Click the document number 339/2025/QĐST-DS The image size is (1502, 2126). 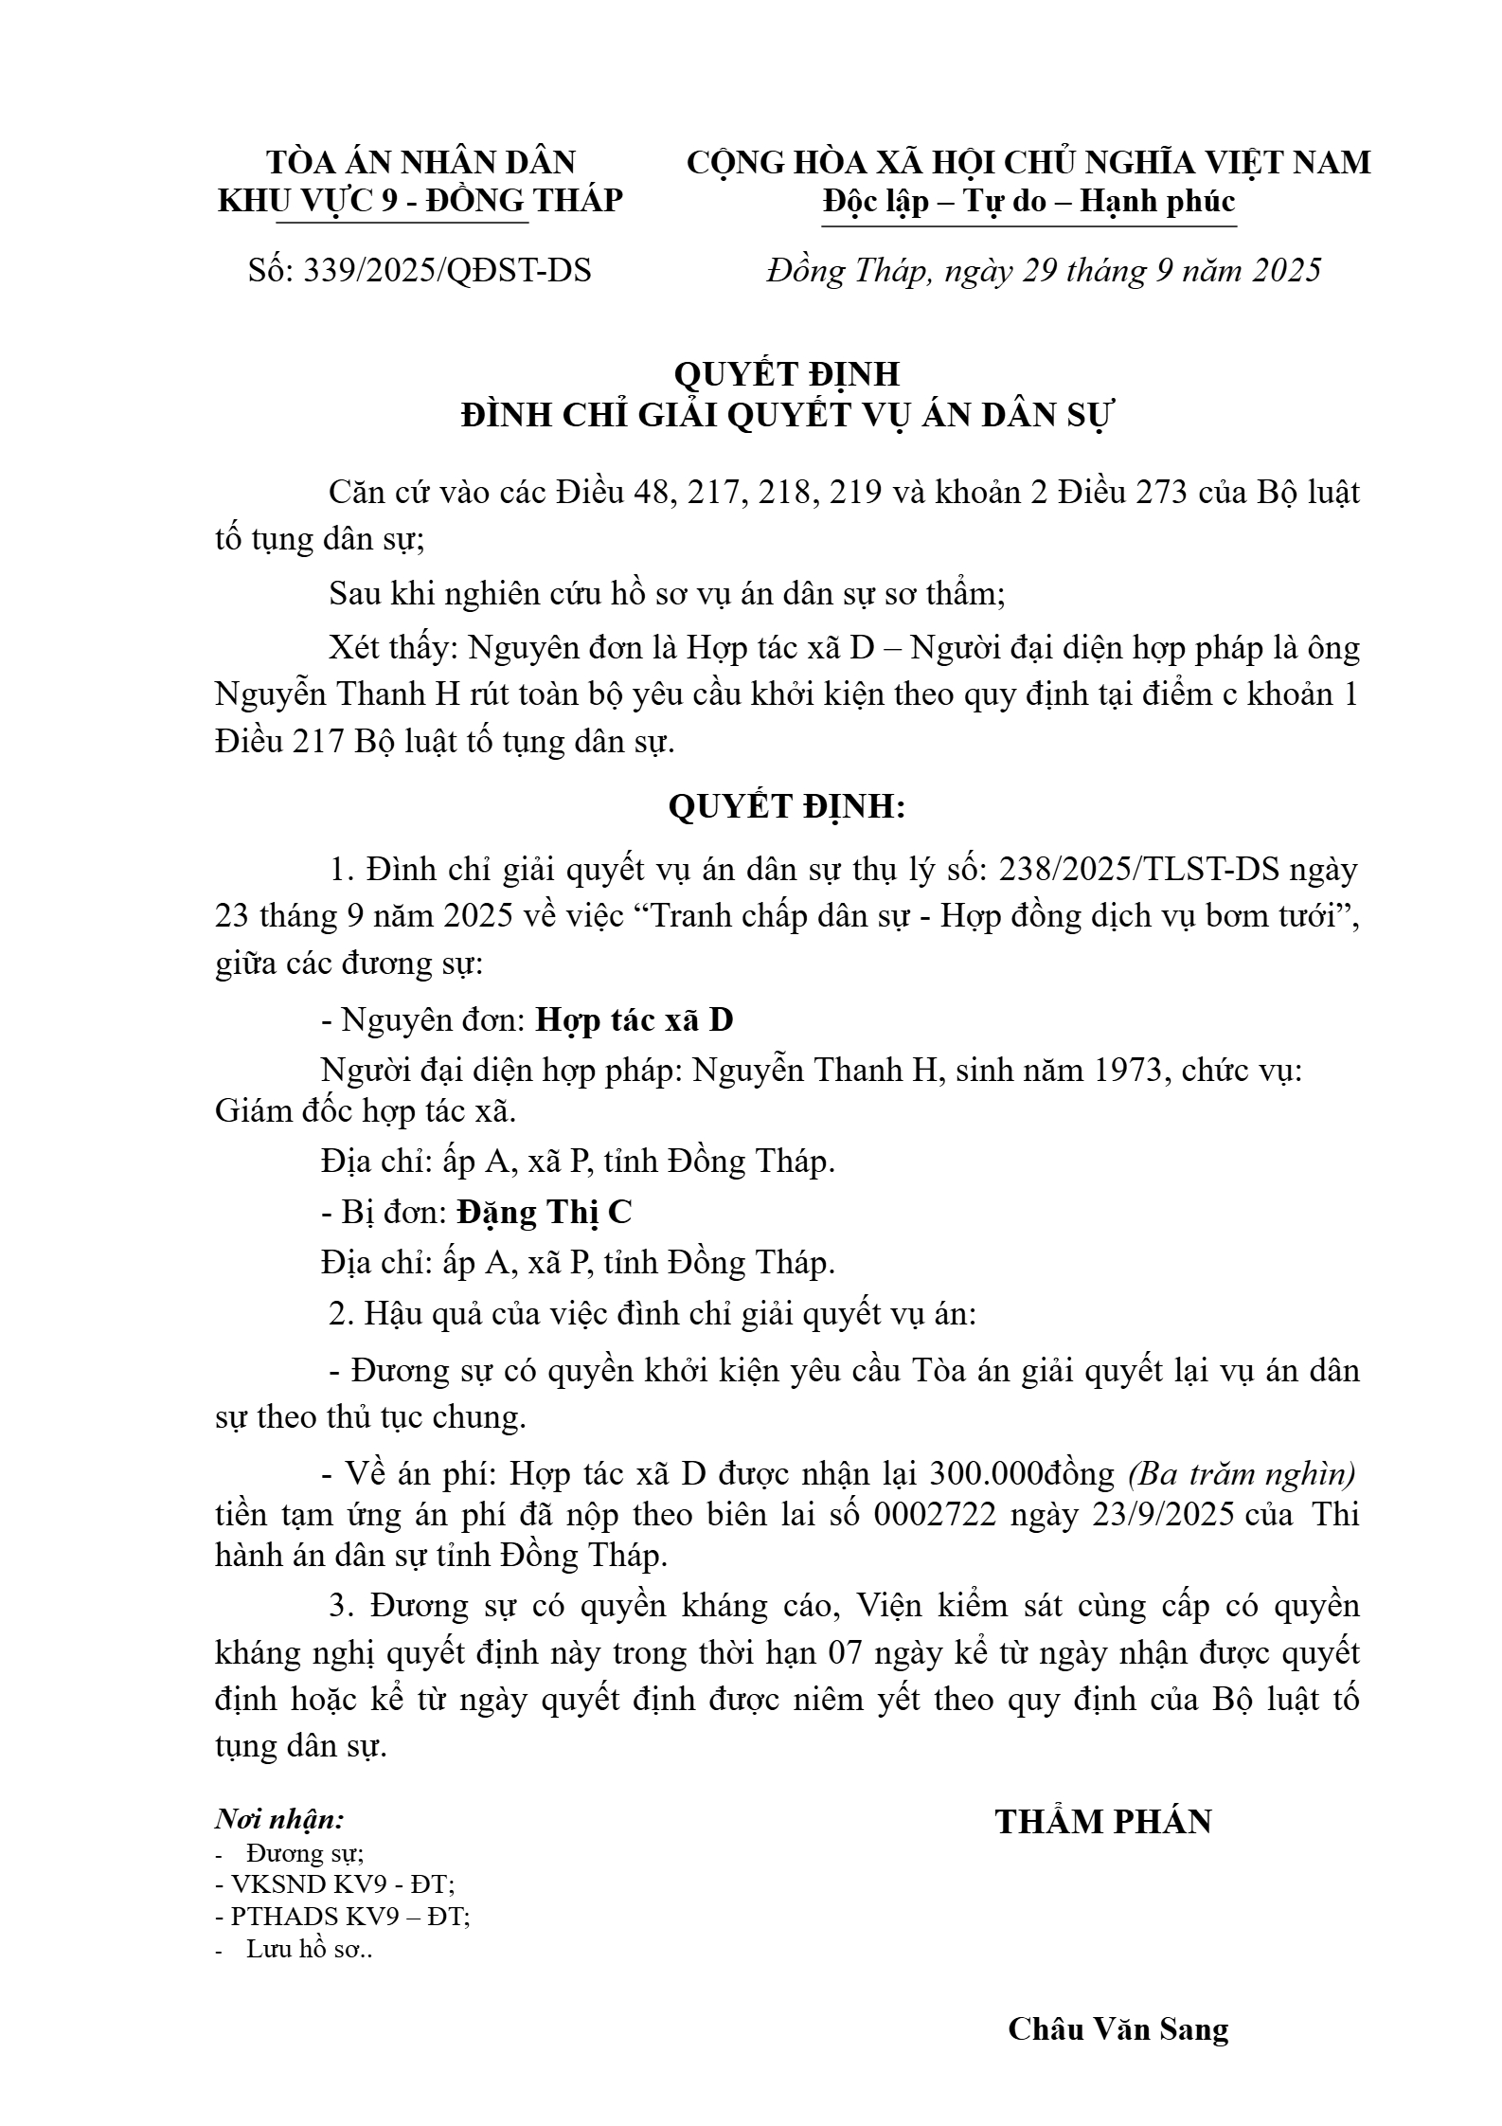click(446, 271)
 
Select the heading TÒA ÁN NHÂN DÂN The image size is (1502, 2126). click(420, 162)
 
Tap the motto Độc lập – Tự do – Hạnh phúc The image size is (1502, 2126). click(1028, 202)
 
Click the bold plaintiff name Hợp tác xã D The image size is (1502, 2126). click(635, 1019)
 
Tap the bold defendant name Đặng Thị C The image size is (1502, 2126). click(544, 1212)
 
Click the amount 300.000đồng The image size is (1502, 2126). click(1023, 1473)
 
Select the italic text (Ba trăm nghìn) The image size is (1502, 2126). click(1242, 1473)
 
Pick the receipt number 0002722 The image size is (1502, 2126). click(936, 1515)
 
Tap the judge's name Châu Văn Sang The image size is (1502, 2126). click(1118, 2028)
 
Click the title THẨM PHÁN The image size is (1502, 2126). click(1103, 1822)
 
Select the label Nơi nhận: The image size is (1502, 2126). click(279, 1819)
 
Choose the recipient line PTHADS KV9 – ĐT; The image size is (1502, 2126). click(344, 1916)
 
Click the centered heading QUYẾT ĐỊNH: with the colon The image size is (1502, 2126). click(787, 806)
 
